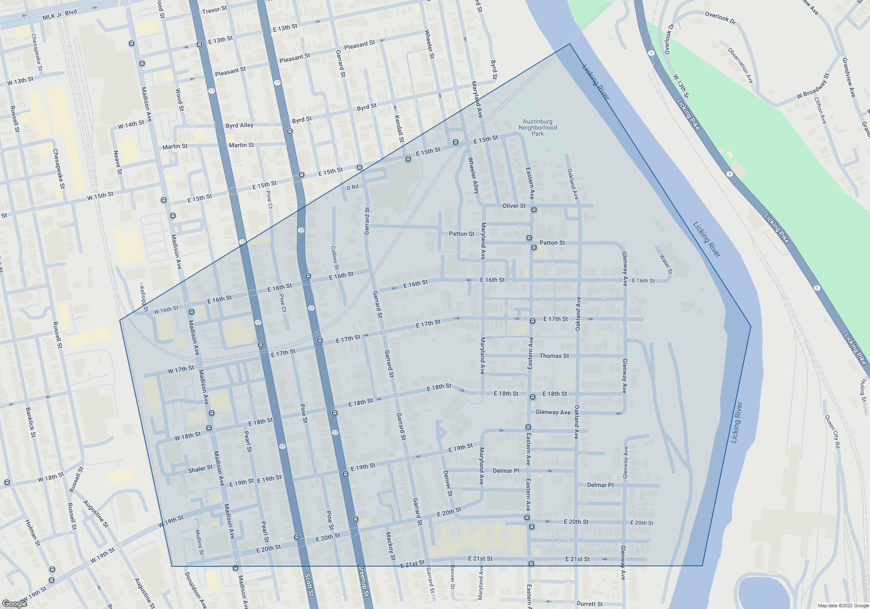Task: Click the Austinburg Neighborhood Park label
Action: click(538, 128)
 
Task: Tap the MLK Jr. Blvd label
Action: click(60, 15)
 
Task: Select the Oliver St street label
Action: click(514, 206)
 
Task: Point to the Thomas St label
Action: click(554, 356)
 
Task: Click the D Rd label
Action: click(352, 187)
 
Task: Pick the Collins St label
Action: click(335, 258)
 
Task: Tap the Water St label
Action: click(666, 264)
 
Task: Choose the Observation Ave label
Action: click(740, 66)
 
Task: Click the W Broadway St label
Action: click(813, 86)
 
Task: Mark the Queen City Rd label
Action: click(832, 432)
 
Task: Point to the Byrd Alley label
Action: click(239, 125)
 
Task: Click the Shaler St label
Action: click(200, 469)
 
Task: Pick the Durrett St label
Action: click(589, 604)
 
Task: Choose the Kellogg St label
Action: click(144, 298)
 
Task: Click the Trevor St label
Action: click(214, 10)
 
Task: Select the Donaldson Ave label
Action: click(195, 590)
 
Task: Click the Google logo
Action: click(14, 604)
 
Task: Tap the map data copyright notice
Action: click(843, 606)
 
